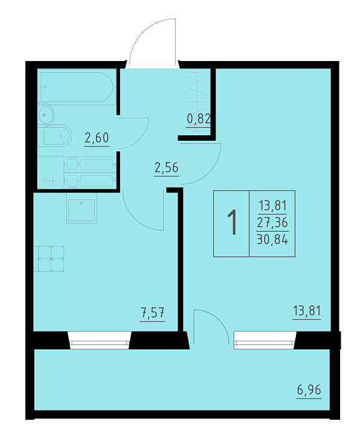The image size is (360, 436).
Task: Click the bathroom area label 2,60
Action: pyautogui.click(x=97, y=138)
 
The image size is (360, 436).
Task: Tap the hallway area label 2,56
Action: pyautogui.click(x=166, y=168)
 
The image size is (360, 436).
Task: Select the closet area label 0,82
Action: pyautogui.click(x=199, y=119)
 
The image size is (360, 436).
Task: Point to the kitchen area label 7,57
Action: pyautogui.click(x=153, y=313)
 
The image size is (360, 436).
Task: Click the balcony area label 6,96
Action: pyautogui.click(x=309, y=390)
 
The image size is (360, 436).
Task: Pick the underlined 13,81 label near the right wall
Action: pyautogui.click(x=307, y=311)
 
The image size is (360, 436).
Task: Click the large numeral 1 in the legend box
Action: pyautogui.click(x=232, y=222)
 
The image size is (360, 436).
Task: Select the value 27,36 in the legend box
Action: pyautogui.click(x=272, y=223)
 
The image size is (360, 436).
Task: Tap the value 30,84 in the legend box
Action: pyautogui.click(x=272, y=239)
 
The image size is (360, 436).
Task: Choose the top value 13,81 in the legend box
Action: pyautogui.click(x=272, y=206)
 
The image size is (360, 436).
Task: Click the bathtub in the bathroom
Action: pyautogui.click(x=77, y=87)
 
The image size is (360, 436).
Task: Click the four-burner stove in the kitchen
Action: pyautogui.click(x=50, y=258)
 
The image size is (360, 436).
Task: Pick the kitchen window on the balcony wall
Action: pyautogui.click(x=99, y=340)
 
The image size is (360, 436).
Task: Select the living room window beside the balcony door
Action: pyautogui.click(x=265, y=340)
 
